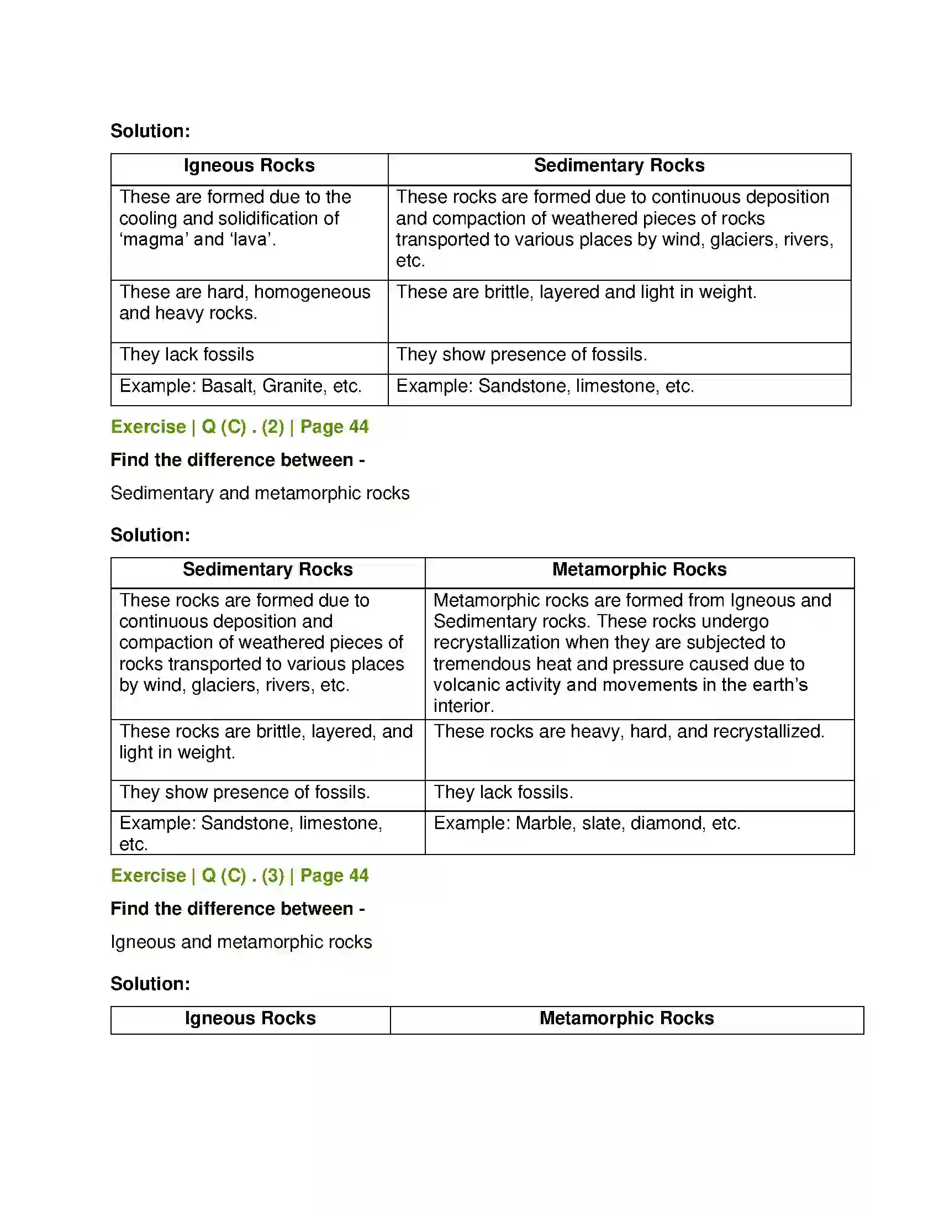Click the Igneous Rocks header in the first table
(x=249, y=166)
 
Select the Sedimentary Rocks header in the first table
(x=619, y=166)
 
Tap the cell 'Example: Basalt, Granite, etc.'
(x=240, y=386)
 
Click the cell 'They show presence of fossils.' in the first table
(x=521, y=355)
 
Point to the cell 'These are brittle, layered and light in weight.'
(x=576, y=292)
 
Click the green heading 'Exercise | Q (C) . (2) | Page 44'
(x=239, y=427)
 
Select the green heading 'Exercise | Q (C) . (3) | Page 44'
(x=239, y=876)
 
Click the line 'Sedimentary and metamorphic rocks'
(x=260, y=493)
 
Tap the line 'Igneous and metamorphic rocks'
(x=241, y=942)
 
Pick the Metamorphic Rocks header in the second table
(x=639, y=569)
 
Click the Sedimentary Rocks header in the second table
(x=267, y=569)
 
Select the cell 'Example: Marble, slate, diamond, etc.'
(x=587, y=824)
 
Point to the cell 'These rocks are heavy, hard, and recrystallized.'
(x=629, y=732)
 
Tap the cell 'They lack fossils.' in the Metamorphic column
(x=503, y=792)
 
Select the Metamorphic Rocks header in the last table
(x=626, y=1018)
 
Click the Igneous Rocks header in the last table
(x=250, y=1018)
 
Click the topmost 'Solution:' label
(x=150, y=132)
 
